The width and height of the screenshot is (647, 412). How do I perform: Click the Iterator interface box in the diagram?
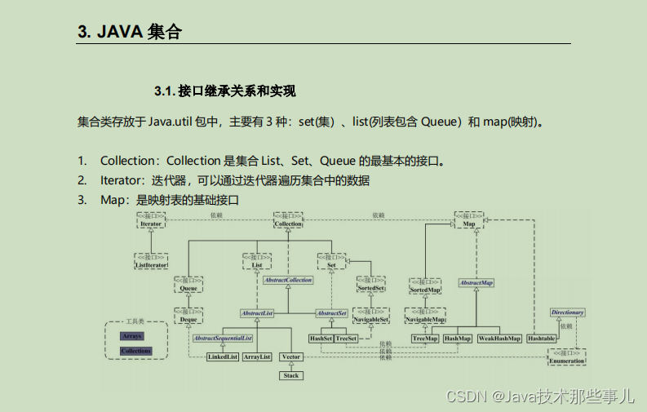[151, 220]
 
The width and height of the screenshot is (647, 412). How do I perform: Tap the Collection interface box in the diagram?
[287, 220]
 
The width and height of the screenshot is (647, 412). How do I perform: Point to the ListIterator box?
[151, 261]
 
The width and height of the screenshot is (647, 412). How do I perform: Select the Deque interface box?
[188, 317]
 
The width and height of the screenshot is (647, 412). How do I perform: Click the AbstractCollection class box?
[287, 280]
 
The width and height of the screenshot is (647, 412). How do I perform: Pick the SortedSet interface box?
[371, 286]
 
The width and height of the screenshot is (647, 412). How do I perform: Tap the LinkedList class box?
[222, 357]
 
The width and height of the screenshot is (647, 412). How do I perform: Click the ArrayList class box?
[257, 357]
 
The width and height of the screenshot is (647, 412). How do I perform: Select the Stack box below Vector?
[291, 375]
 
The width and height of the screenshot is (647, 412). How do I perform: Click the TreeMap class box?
[424, 337]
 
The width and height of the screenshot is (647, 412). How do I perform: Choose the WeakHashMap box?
[499, 337]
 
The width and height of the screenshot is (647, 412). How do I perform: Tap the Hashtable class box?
[541, 337]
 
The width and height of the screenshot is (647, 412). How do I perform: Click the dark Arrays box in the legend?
[131, 335]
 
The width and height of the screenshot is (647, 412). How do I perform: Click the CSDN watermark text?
[539, 396]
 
